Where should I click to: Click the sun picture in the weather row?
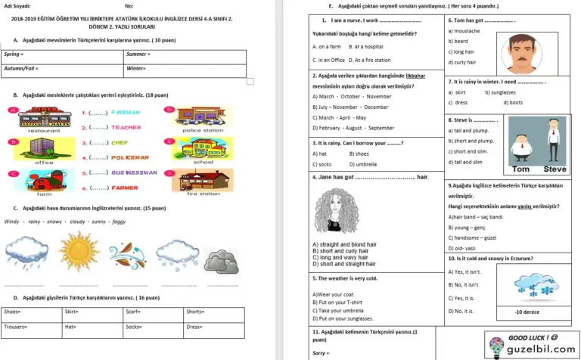(x=79, y=251)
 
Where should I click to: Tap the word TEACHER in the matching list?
(x=126, y=127)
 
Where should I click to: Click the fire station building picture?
(x=203, y=180)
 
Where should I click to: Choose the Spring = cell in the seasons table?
(x=64, y=54)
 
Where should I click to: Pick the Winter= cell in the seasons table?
(x=185, y=68)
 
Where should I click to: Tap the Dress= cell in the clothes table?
(x=214, y=326)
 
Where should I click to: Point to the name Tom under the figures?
(x=521, y=169)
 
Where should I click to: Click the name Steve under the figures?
(x=555, y=169)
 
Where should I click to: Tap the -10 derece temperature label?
(x=527, y=312)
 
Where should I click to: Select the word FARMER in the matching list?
(x=126, y=188)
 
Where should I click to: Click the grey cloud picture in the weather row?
(x=221, y=260)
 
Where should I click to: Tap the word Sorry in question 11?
(x=320, y=353)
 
